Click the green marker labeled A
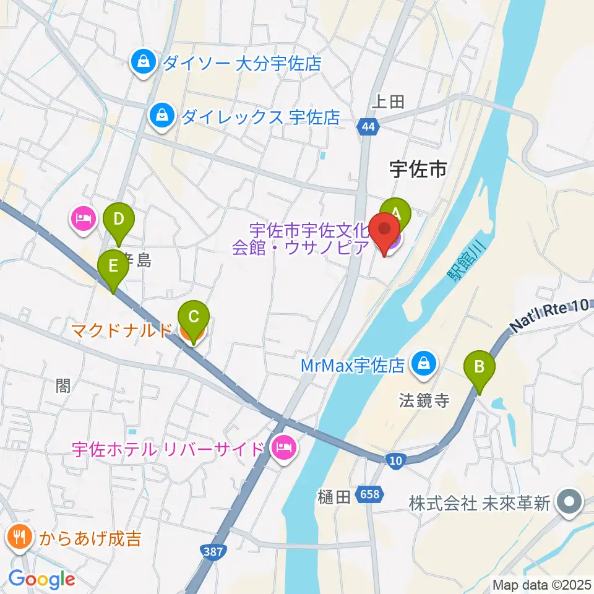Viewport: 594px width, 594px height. tap(395, 213)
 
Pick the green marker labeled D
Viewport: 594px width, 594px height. tap(118, 220)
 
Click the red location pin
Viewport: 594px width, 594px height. tap(384, 230)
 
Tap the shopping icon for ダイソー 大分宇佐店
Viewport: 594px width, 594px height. tap(144, 62)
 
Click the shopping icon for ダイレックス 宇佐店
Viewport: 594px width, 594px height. tap(161, 116)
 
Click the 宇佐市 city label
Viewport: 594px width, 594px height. tap(418, 168)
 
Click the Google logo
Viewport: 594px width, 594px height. tap(42, 579)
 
